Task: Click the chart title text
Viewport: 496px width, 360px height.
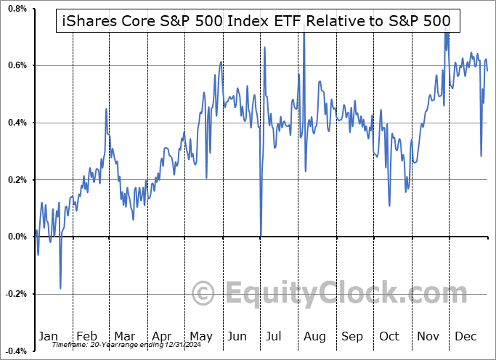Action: (253, 22)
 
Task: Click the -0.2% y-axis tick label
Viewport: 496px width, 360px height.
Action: (15, 294)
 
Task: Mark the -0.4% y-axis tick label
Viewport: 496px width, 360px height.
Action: (15, 351)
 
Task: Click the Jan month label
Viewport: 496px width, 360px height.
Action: (48, 337)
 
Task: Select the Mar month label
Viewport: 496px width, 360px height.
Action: (124, 337)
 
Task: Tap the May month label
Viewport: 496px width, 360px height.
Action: (200, 337)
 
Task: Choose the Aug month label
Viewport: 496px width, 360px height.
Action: (314, 337)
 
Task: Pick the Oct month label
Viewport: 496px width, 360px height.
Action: (390, 337)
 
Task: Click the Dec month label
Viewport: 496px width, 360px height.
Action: (466, 337)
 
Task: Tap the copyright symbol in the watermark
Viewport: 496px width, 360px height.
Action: (203, 294)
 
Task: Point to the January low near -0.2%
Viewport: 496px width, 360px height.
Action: (60, 288)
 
